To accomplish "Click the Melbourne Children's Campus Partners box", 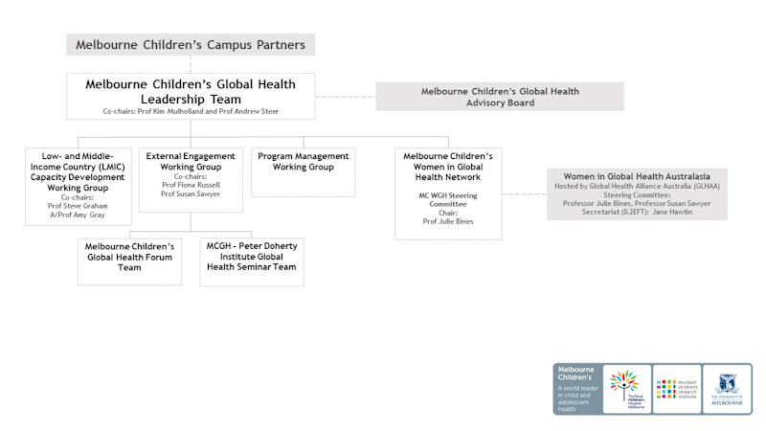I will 191,44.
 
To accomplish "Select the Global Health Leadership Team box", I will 191,97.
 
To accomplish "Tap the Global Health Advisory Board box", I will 500,97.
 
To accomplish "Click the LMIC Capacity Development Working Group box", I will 79,186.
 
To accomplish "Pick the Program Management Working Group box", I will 303,171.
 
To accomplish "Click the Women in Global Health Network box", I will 448,193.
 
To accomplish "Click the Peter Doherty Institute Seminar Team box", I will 252,261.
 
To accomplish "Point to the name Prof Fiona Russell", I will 191,185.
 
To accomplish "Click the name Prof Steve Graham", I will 79,205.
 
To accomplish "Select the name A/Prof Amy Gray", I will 79,215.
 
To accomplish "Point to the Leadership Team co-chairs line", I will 191,112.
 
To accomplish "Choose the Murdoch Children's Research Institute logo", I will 677,388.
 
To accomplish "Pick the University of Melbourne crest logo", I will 726,387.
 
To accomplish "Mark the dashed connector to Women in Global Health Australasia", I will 525,194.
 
